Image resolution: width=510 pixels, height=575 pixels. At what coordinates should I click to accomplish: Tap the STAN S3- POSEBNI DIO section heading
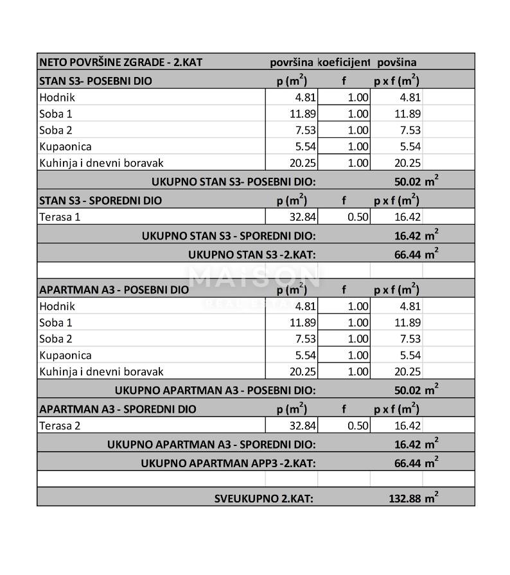tap(96, 81)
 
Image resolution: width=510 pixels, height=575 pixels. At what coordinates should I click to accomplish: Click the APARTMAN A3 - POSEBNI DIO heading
tap(114, 289)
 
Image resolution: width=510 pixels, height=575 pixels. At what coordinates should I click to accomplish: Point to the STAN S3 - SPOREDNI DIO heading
tap(101, 200)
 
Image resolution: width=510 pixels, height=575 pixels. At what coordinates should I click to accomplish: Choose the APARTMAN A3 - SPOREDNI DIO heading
tap(118, 409)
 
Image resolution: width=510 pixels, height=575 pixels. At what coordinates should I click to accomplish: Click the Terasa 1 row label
tap(60, 217)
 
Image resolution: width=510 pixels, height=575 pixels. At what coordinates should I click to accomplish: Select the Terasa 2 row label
tap(60, 425)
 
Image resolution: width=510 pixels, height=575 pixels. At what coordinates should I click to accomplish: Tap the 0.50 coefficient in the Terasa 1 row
tap(358, 217)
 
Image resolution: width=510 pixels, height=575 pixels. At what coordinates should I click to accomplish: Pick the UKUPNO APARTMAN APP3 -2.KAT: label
tap(228, 462)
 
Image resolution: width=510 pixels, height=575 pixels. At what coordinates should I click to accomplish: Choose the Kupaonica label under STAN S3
tap(66, 146)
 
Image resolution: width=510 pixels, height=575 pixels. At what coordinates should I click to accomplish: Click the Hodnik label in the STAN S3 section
tap(57, 98)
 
